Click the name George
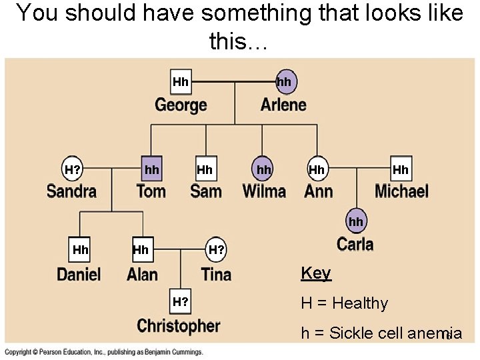181,105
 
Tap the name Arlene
283,105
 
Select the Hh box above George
181,82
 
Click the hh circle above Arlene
284,81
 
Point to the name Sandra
71,191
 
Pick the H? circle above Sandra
73,169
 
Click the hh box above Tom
152,169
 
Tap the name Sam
205,191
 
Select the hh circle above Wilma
264,169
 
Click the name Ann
319,191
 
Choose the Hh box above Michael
401,169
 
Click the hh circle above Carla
356,221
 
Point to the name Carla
355,243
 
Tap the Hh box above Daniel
80,250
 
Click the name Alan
142,274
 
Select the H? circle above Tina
216,250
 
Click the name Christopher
178,326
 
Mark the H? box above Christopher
181,301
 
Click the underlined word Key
315,273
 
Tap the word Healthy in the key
360,303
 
